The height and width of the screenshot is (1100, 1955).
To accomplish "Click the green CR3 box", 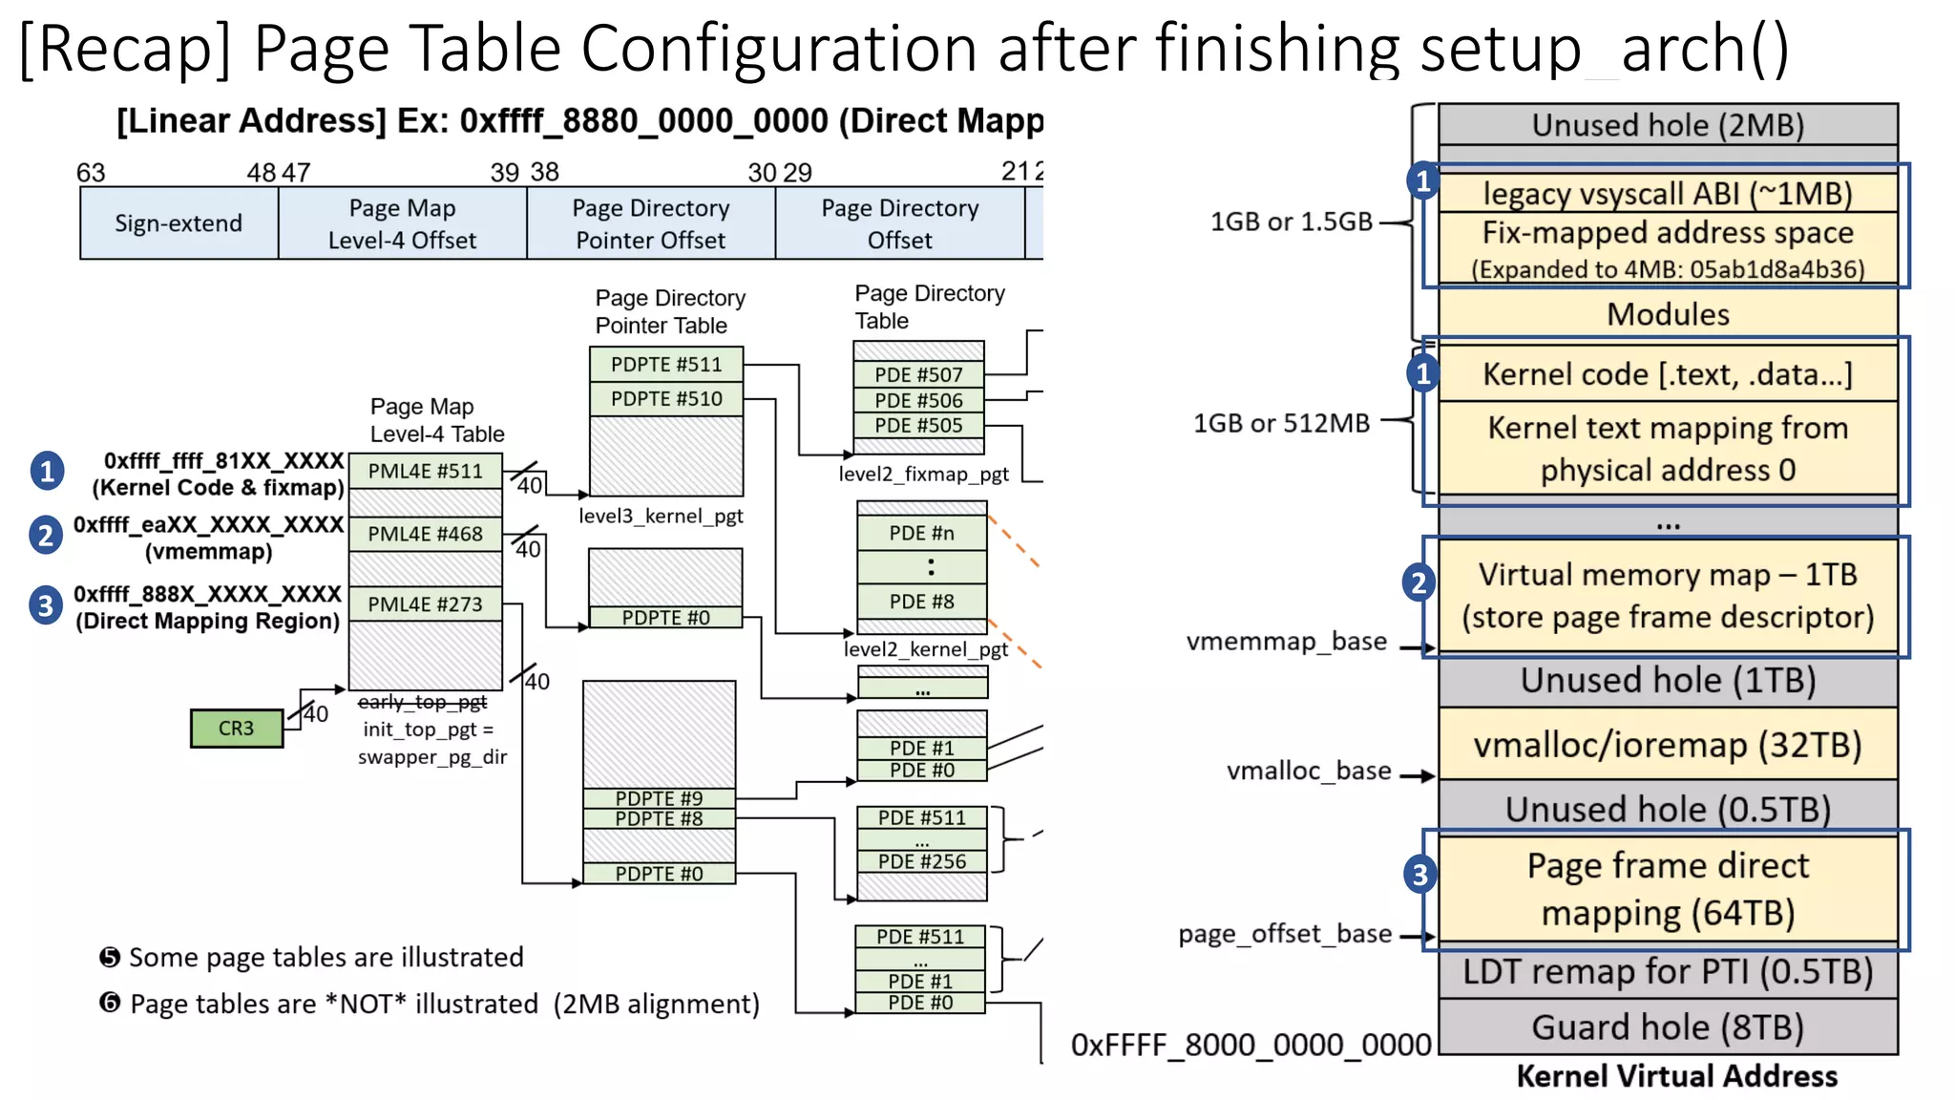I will [x=236, y=728].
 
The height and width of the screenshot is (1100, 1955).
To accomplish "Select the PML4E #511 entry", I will [x=425, y=471].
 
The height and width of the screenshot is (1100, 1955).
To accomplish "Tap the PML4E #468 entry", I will [x=425, y=534].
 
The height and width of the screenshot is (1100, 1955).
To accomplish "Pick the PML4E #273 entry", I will [x=425, y=603].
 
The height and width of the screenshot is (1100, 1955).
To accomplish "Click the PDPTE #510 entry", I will [x=665, y=398].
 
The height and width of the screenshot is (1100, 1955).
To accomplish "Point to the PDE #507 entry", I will [x=917, y=375].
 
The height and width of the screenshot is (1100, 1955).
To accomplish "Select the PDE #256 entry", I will [x=921, y=861].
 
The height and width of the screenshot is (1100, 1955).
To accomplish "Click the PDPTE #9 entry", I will [x=659, y=797].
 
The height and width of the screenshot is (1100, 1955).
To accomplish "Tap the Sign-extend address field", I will [x=179, y=222].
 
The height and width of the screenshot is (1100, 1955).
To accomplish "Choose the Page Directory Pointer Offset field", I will [x=650, y=223].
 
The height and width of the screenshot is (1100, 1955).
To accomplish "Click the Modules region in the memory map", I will [x=1667, y=313].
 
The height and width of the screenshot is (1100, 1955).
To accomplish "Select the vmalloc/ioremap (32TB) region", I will [x=1667, y=744].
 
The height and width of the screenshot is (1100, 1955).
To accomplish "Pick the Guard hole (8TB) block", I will [x=1667, y=1026].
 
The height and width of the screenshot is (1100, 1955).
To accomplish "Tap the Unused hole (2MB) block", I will [x=1667, y=125].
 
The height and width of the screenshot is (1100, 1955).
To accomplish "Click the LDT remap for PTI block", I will [x=1667, y=971].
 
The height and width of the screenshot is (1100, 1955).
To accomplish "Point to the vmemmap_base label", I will [x=1286, y=641].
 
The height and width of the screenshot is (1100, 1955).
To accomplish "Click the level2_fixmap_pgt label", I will [x=923, y=474].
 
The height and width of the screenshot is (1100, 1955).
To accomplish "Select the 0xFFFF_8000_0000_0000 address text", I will [x=1251, y=1045].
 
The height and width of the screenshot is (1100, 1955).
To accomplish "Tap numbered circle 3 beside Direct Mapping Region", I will [x=46, y=605].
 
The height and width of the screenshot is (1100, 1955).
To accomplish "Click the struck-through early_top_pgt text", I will [x=422, y=702].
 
